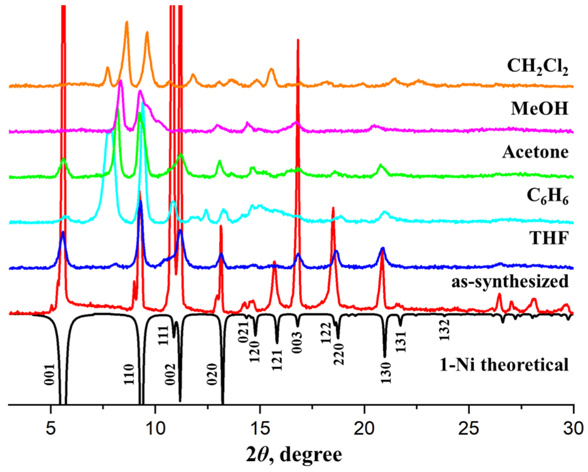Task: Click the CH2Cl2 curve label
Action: pos(537,67)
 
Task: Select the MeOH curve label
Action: pos(539,108)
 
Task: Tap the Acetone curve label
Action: pos(535,152)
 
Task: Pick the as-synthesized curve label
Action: pos(510,281)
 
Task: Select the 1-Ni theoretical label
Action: pos(504,365)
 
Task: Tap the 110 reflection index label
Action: pos(129,374)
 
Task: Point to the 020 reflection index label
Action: pos(212,374)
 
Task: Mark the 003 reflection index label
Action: pos(297,343)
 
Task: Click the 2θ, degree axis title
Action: pos(294,455)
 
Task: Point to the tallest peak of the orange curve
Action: pos(127,22)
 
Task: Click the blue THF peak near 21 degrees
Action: pos(383,249)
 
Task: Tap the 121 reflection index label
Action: pos(277,360)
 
